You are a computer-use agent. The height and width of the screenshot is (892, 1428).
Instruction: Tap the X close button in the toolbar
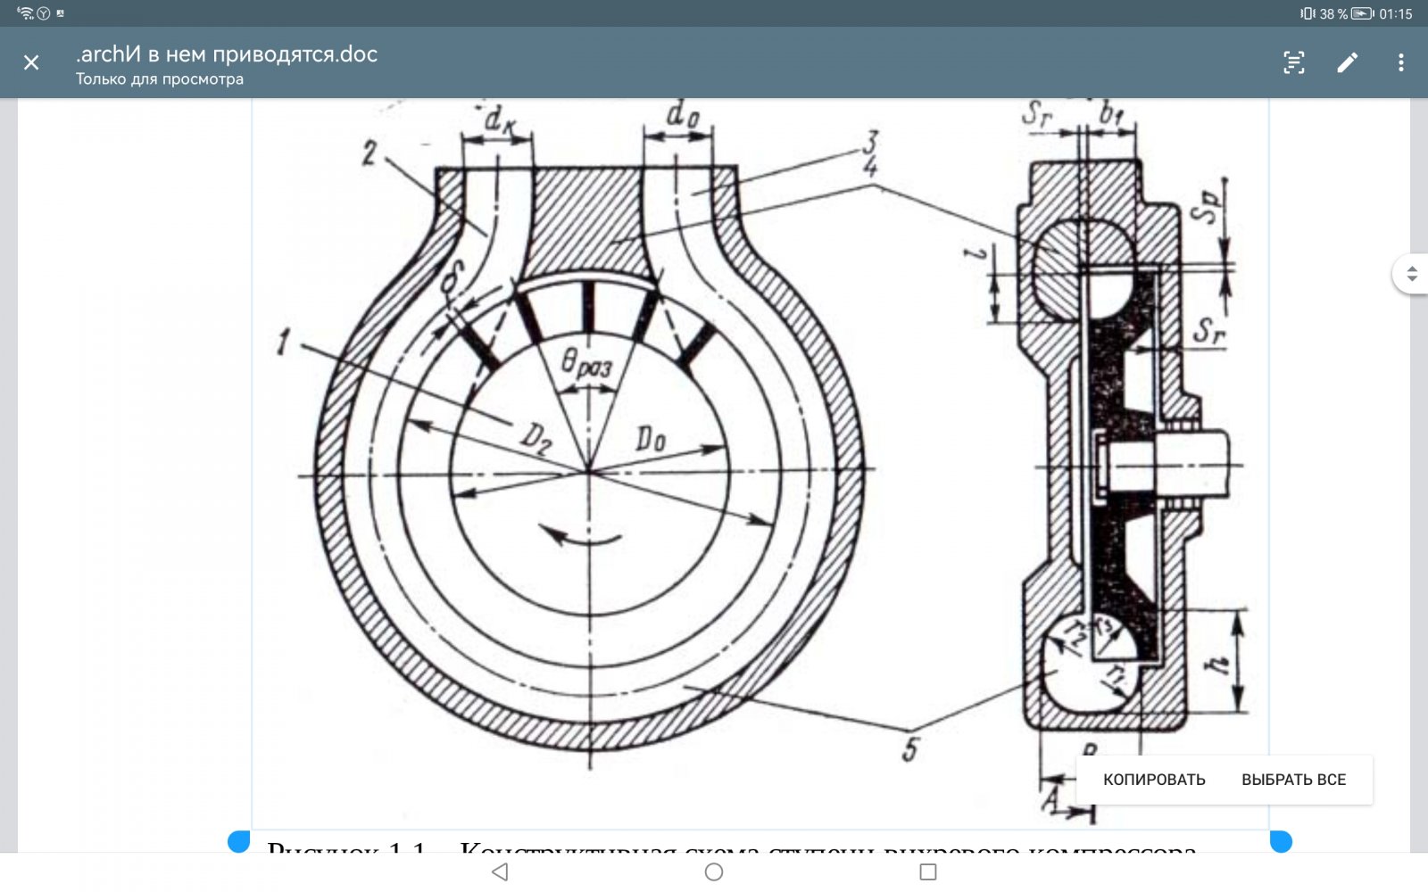click(31, 62)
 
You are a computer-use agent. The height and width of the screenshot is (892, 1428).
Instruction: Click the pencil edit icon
click(1347, 62)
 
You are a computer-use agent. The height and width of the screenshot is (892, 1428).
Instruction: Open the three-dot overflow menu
click(1400, 62)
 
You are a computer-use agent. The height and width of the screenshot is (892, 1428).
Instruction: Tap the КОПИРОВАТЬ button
click(1154, 780)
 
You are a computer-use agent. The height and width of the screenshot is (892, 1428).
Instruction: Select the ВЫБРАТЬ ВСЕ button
click(1293, 780)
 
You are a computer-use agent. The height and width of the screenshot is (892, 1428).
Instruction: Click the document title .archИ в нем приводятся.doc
click(227, 54)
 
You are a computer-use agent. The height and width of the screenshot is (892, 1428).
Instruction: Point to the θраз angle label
click(586, 364)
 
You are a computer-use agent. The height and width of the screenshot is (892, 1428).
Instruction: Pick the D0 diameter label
click(651, 439)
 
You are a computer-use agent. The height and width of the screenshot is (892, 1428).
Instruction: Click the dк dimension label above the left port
click(499, 119)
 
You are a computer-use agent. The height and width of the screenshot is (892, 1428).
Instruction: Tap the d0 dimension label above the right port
click(683, 114)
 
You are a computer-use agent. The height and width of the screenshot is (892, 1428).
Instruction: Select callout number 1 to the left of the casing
click(284, 342)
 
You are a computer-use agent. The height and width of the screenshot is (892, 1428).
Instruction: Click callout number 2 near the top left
click(369, 153)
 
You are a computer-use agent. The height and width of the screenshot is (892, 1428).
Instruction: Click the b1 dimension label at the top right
click(1111, 113)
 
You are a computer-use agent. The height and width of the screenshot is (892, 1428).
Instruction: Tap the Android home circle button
click(714, 871)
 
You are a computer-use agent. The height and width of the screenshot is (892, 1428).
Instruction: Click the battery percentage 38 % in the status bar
click(1333, 13)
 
